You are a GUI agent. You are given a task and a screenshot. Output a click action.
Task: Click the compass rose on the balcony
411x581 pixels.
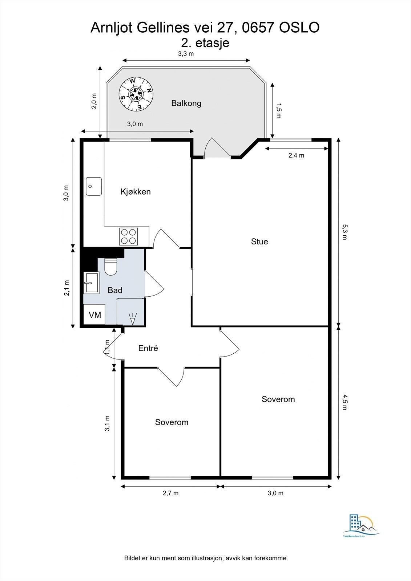click(x=136, y=94)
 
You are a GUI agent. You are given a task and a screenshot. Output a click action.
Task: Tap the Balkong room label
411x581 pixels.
click(x=186, y=103)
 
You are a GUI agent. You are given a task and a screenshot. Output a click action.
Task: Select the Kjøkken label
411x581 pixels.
click(x=136, y=192)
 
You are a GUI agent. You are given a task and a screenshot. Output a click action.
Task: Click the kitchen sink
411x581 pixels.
click(x=94, y=186)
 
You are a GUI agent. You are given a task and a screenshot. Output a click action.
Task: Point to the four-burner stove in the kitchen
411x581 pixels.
click(x=128, y=236)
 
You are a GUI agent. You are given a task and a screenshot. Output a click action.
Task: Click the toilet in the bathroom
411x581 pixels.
click(x=111, y=267)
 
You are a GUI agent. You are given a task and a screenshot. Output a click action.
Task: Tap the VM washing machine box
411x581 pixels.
click(x=94, y=314)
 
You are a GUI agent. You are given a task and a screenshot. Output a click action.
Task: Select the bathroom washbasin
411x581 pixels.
click(x=91, y=283)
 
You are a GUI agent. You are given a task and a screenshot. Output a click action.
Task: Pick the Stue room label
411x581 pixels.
click(x=259, y=241)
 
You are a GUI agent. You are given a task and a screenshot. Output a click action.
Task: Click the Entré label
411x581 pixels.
click(x=148, y=348)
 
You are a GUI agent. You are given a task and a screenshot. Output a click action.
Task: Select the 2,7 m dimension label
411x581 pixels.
click(x=170, y=493)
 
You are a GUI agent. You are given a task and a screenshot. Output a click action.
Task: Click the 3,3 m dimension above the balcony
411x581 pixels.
click(x=186, y=54)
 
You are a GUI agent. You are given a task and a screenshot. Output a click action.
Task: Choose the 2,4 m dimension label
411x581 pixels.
click(x=296, y=155)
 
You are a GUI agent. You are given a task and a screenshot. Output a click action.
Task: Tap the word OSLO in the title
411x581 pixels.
click(x=299, y=28)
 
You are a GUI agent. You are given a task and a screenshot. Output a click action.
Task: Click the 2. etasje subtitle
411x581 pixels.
click(x=205, y=43)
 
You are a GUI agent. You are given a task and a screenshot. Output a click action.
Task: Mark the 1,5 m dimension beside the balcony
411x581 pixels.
click(x=279, y=111)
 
